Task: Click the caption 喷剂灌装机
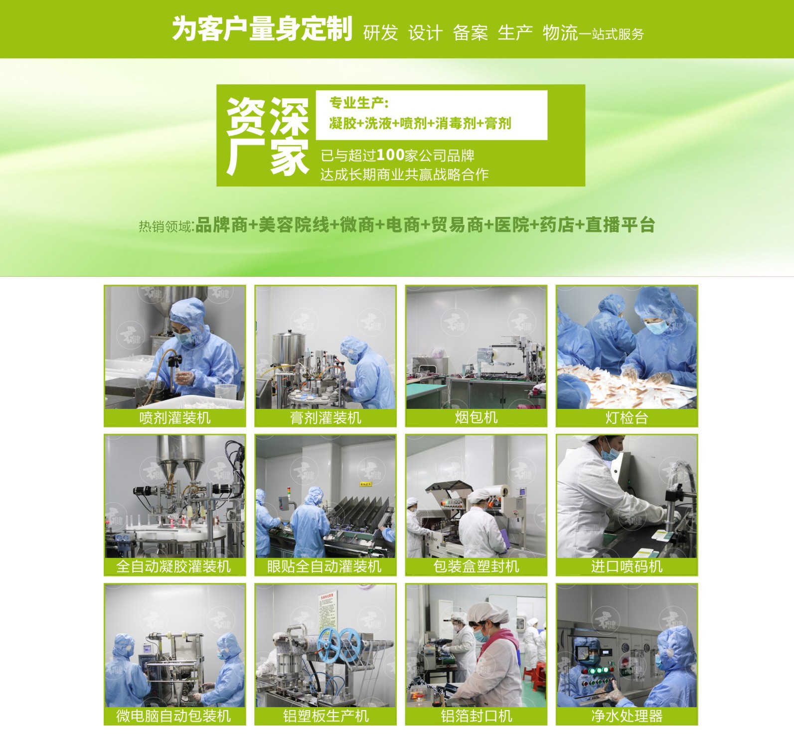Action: tap(175, 417)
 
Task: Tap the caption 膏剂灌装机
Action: tap(325, 417)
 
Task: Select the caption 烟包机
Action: tap(476, 417)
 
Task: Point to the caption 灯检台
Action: tap(627, 417)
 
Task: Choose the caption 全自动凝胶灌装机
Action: tap(173, 566)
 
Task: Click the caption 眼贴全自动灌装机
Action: tap(324, 566)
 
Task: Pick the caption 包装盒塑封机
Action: tap(476, 566)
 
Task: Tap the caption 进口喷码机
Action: tap(627, 566)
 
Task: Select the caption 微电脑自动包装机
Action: tap(173, 716)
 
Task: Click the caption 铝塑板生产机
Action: tap(325, 716)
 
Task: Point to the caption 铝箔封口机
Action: tap(476, 716)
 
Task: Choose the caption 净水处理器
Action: tap(627, 716)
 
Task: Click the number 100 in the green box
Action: tap(390, 155)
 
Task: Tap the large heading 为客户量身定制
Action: tap(262, 28)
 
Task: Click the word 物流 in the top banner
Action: tap(560, 33)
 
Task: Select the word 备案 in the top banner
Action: tap(470, 33)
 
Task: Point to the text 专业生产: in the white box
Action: tap(358, 103)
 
